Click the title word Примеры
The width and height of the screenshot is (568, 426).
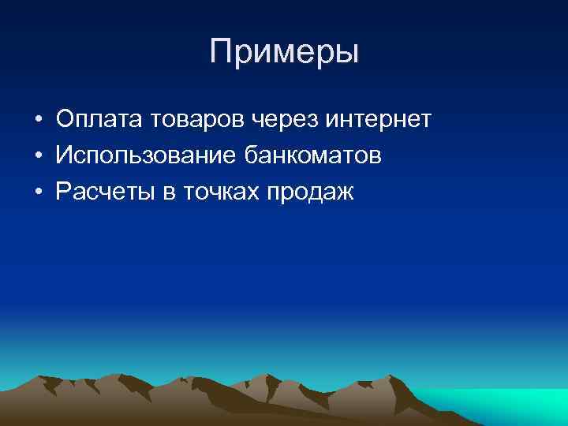(x=284, y=53)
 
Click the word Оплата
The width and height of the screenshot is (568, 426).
(x=92, y=120)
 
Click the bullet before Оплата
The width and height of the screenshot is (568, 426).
(x=38, y=121)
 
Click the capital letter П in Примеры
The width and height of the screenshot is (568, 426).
(x=222, y=52)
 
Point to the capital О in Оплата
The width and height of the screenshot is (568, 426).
(x=65, y=120)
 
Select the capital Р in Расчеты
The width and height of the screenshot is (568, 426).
(x=63, y=192)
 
